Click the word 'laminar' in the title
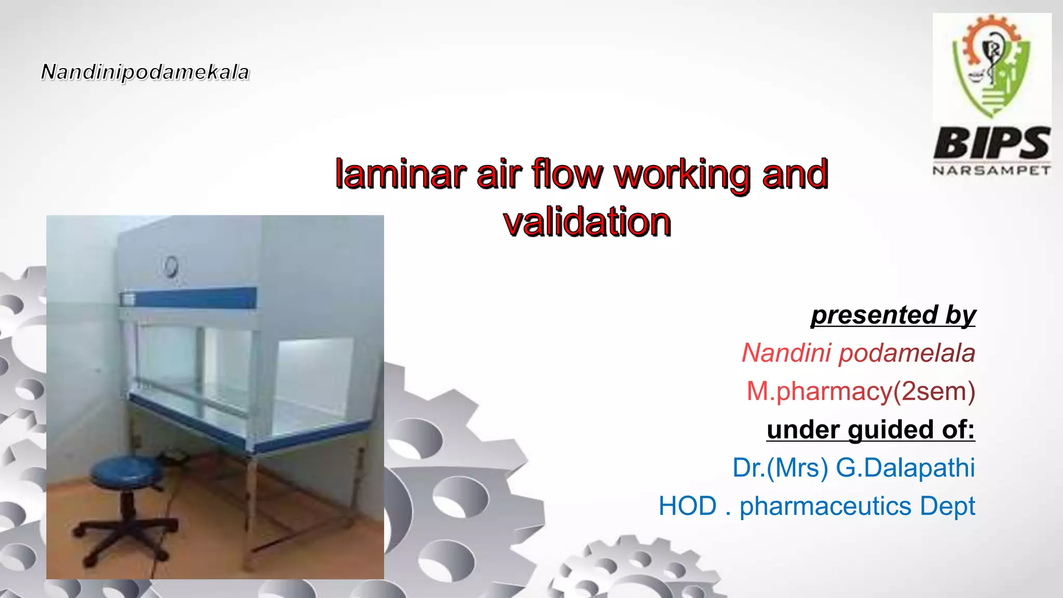[x=400, y=174]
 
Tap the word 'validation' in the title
[x=587, y=222]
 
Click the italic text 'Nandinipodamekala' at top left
[x=145, y=72]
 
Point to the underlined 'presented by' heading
[x=893, y=315]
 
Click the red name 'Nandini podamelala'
[x=858, y=354]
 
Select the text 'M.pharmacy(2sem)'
[x=861, y=391]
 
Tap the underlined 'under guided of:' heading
[x=870, y=430]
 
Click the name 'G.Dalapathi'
[x=905, y=468]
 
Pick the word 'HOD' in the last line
[x=687, y=506]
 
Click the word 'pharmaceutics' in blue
[x=825, y=506]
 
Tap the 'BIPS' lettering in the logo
[x=992, y=144]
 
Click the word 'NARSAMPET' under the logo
[x=992, y=171]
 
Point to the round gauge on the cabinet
[x=170, y=266]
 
